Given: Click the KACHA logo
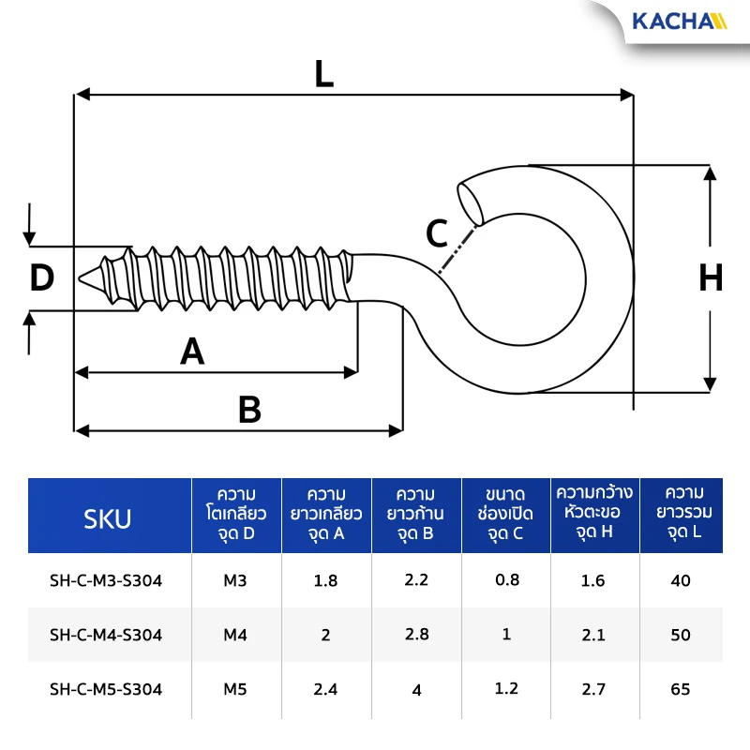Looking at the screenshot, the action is coord(679,22).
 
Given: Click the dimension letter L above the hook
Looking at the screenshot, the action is coord(324,74).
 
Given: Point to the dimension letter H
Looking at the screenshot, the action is coord(711,277).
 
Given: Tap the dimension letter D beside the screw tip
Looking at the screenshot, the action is coord(41,277).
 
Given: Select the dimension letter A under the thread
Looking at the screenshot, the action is coord(192,351).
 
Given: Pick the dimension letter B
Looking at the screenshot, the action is coord(249,410).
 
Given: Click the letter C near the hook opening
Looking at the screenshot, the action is coord(437,233).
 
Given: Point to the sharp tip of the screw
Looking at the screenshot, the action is coord(80,278).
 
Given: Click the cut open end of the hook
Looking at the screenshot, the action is coord(470,203).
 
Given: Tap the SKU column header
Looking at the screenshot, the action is coord(107,519).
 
